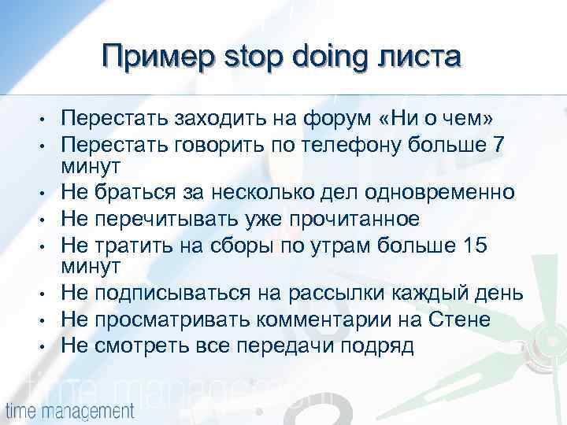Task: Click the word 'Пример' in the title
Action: coord(155,57)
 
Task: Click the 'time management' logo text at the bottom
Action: coord(70,410)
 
